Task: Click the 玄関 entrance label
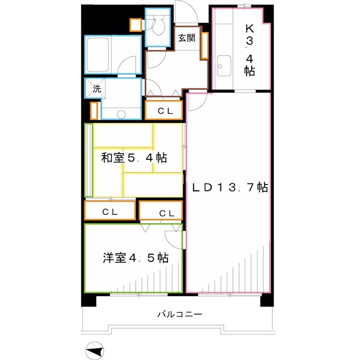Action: point(186,38)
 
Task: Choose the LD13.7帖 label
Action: point(230,187)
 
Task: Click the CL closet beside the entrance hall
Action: point(163,110)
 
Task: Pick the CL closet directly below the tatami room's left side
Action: point(110,211)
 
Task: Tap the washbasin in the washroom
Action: point(120,114)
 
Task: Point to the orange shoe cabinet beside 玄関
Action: point(204,45)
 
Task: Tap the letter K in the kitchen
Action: point(249,28)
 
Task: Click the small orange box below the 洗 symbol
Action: point(94,110)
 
